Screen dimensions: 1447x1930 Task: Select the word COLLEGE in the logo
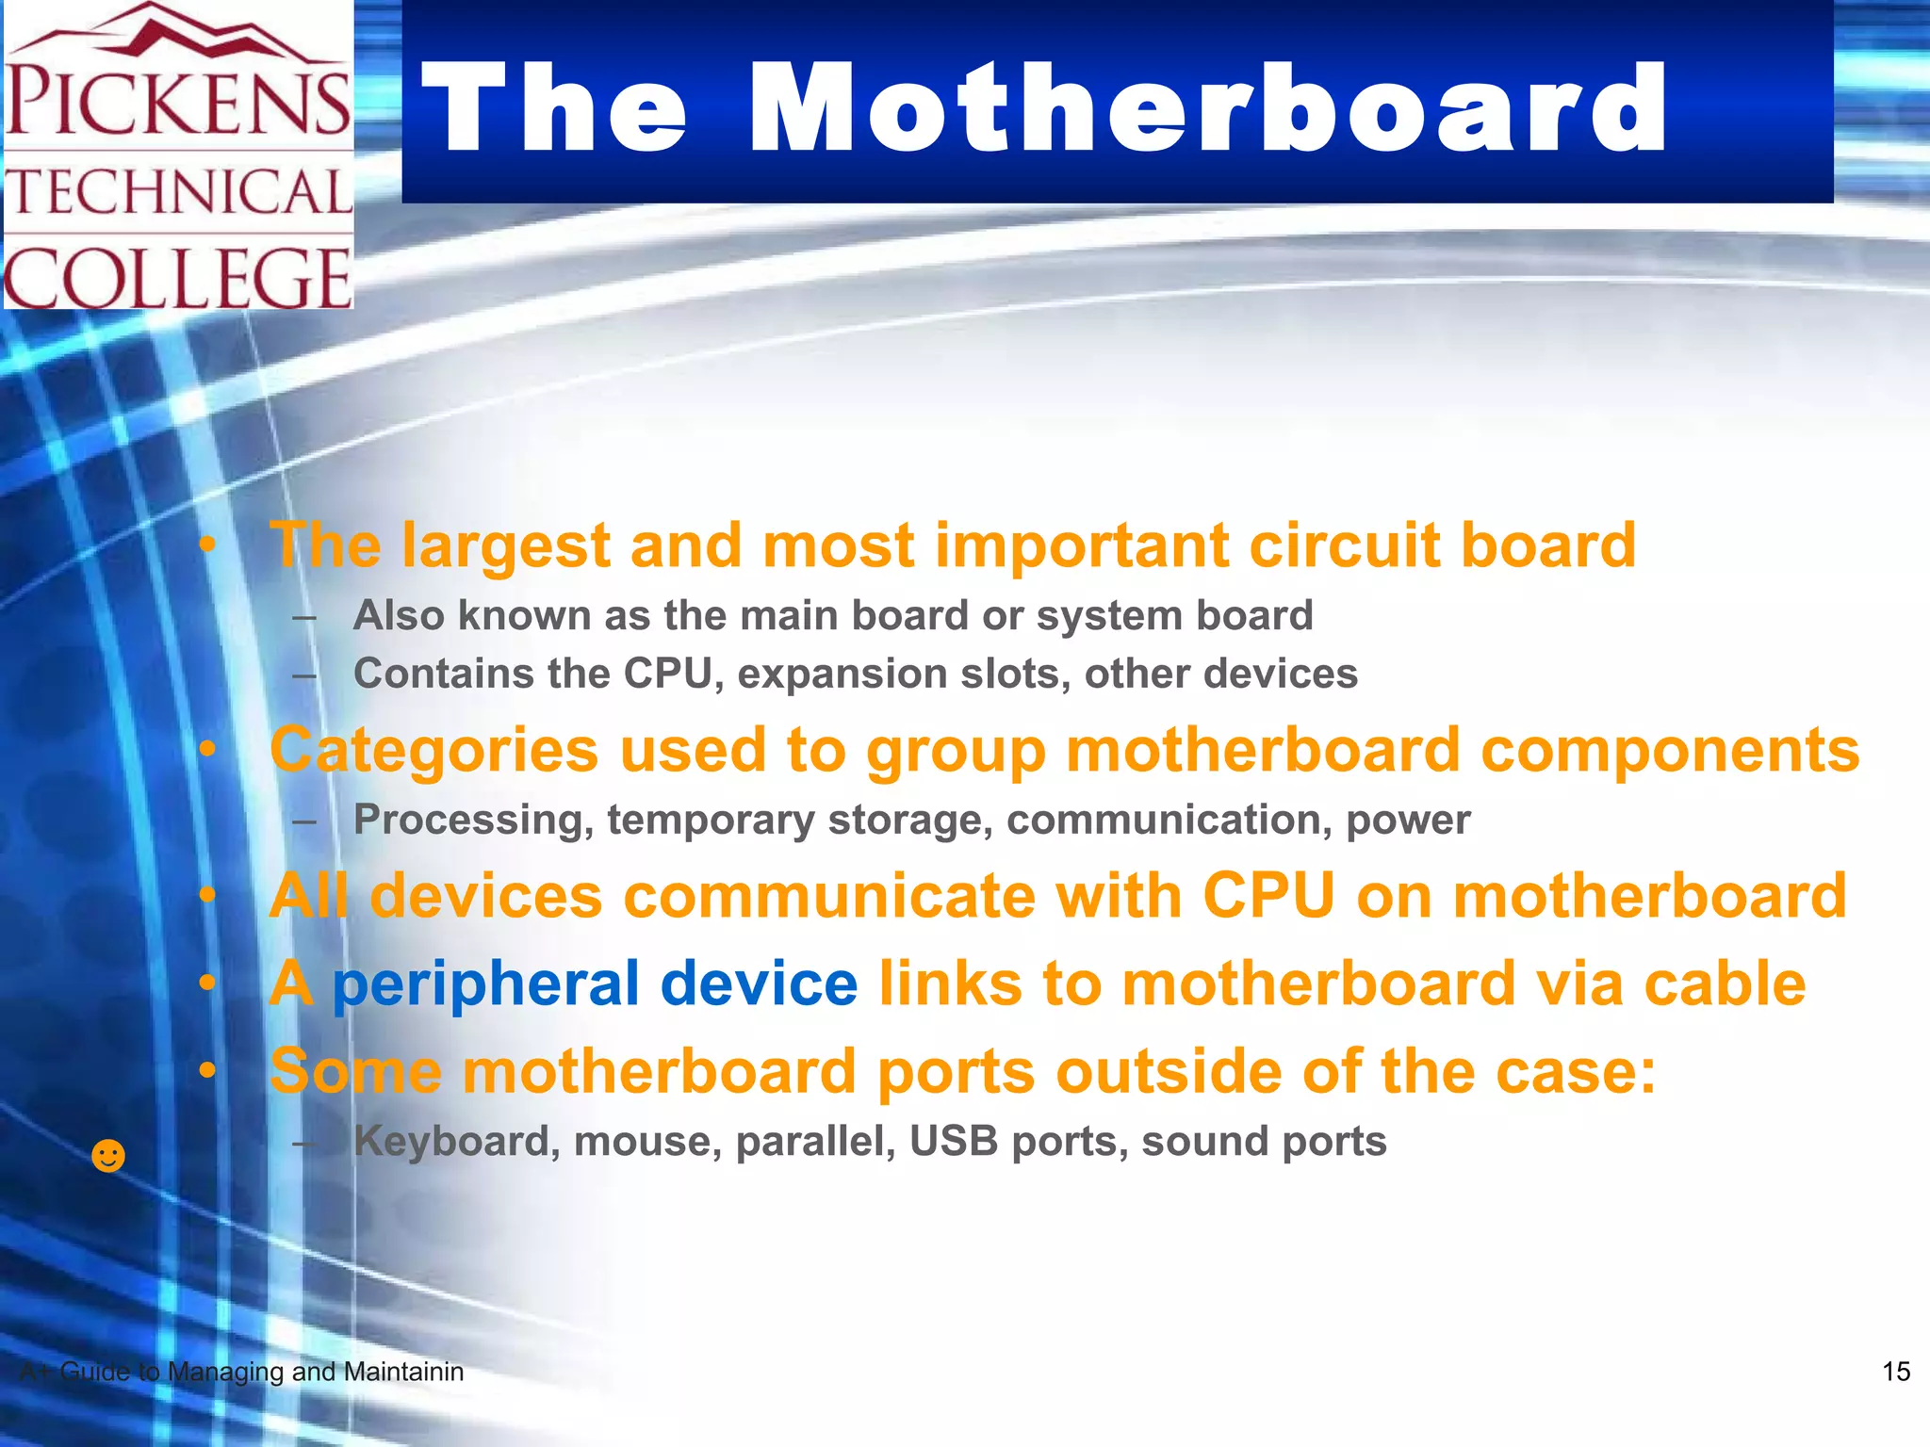pos(177,277)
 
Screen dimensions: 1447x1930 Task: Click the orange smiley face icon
pos(108,1155)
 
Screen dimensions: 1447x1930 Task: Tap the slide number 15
pos(1895,1372)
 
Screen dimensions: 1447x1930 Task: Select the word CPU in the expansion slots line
pos(666,675)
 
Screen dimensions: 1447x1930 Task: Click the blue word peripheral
pos(485,984)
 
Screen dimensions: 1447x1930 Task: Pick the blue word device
pos(759,984)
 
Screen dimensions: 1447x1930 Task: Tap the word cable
pos(1725,984)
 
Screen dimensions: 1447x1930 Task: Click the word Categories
pos(433,752)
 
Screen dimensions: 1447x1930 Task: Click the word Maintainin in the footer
pos(402,1373)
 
